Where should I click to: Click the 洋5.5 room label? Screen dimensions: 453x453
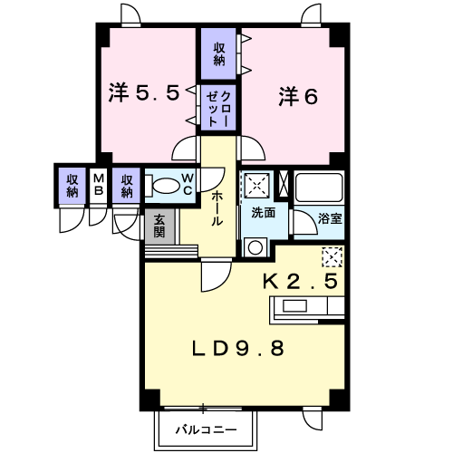(x=144, y=92)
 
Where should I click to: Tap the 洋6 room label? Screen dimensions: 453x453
(x=298, y=96)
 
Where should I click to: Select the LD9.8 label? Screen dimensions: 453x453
(x=238, y=348)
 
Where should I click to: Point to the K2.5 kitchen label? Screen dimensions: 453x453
(x=300, y=281)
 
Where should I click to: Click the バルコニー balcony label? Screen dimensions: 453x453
(x=207, y=429)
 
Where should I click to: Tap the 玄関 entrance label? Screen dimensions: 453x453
(x=159, y=226)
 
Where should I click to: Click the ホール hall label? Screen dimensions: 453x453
(x=217, y=208)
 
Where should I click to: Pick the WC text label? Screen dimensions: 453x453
(x=188, y=184)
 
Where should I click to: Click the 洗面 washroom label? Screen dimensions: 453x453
(x=264, y=213)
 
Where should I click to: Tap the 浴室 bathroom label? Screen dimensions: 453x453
(x=330, y=218)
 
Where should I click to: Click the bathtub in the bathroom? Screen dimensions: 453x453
(x=319, y=188)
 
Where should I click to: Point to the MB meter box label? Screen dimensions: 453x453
(x=99, y=185)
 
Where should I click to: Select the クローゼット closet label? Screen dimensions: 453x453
(x=218, y=109)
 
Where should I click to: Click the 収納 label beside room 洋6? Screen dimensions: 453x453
(x=219, y=54)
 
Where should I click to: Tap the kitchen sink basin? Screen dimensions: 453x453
(x=294, y=306)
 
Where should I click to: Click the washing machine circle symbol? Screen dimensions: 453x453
(x=255, y=248)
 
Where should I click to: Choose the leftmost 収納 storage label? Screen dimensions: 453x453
(x=72, y=186)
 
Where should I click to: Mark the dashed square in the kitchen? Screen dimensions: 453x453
(x=333, y=257)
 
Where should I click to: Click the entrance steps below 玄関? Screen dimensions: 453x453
(x=171, y=251)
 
